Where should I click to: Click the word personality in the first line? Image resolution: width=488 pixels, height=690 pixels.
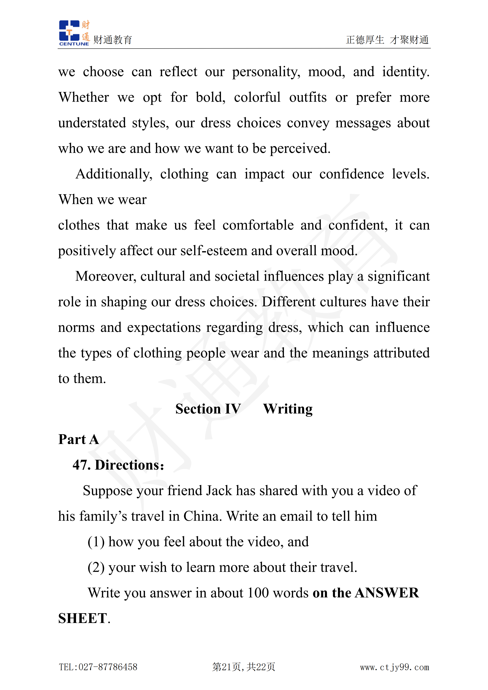click(266, 72)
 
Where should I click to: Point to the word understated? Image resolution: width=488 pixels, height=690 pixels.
click(92, 123)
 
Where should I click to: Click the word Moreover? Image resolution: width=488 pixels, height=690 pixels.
click(106, 277)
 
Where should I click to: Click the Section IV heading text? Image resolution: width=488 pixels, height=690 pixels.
click(208, 409)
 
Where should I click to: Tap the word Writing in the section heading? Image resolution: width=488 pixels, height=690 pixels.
click(288, 409)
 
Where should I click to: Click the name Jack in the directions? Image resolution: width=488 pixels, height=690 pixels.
click(219, 491)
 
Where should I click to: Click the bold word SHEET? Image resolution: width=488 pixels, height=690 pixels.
click(82, 619)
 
